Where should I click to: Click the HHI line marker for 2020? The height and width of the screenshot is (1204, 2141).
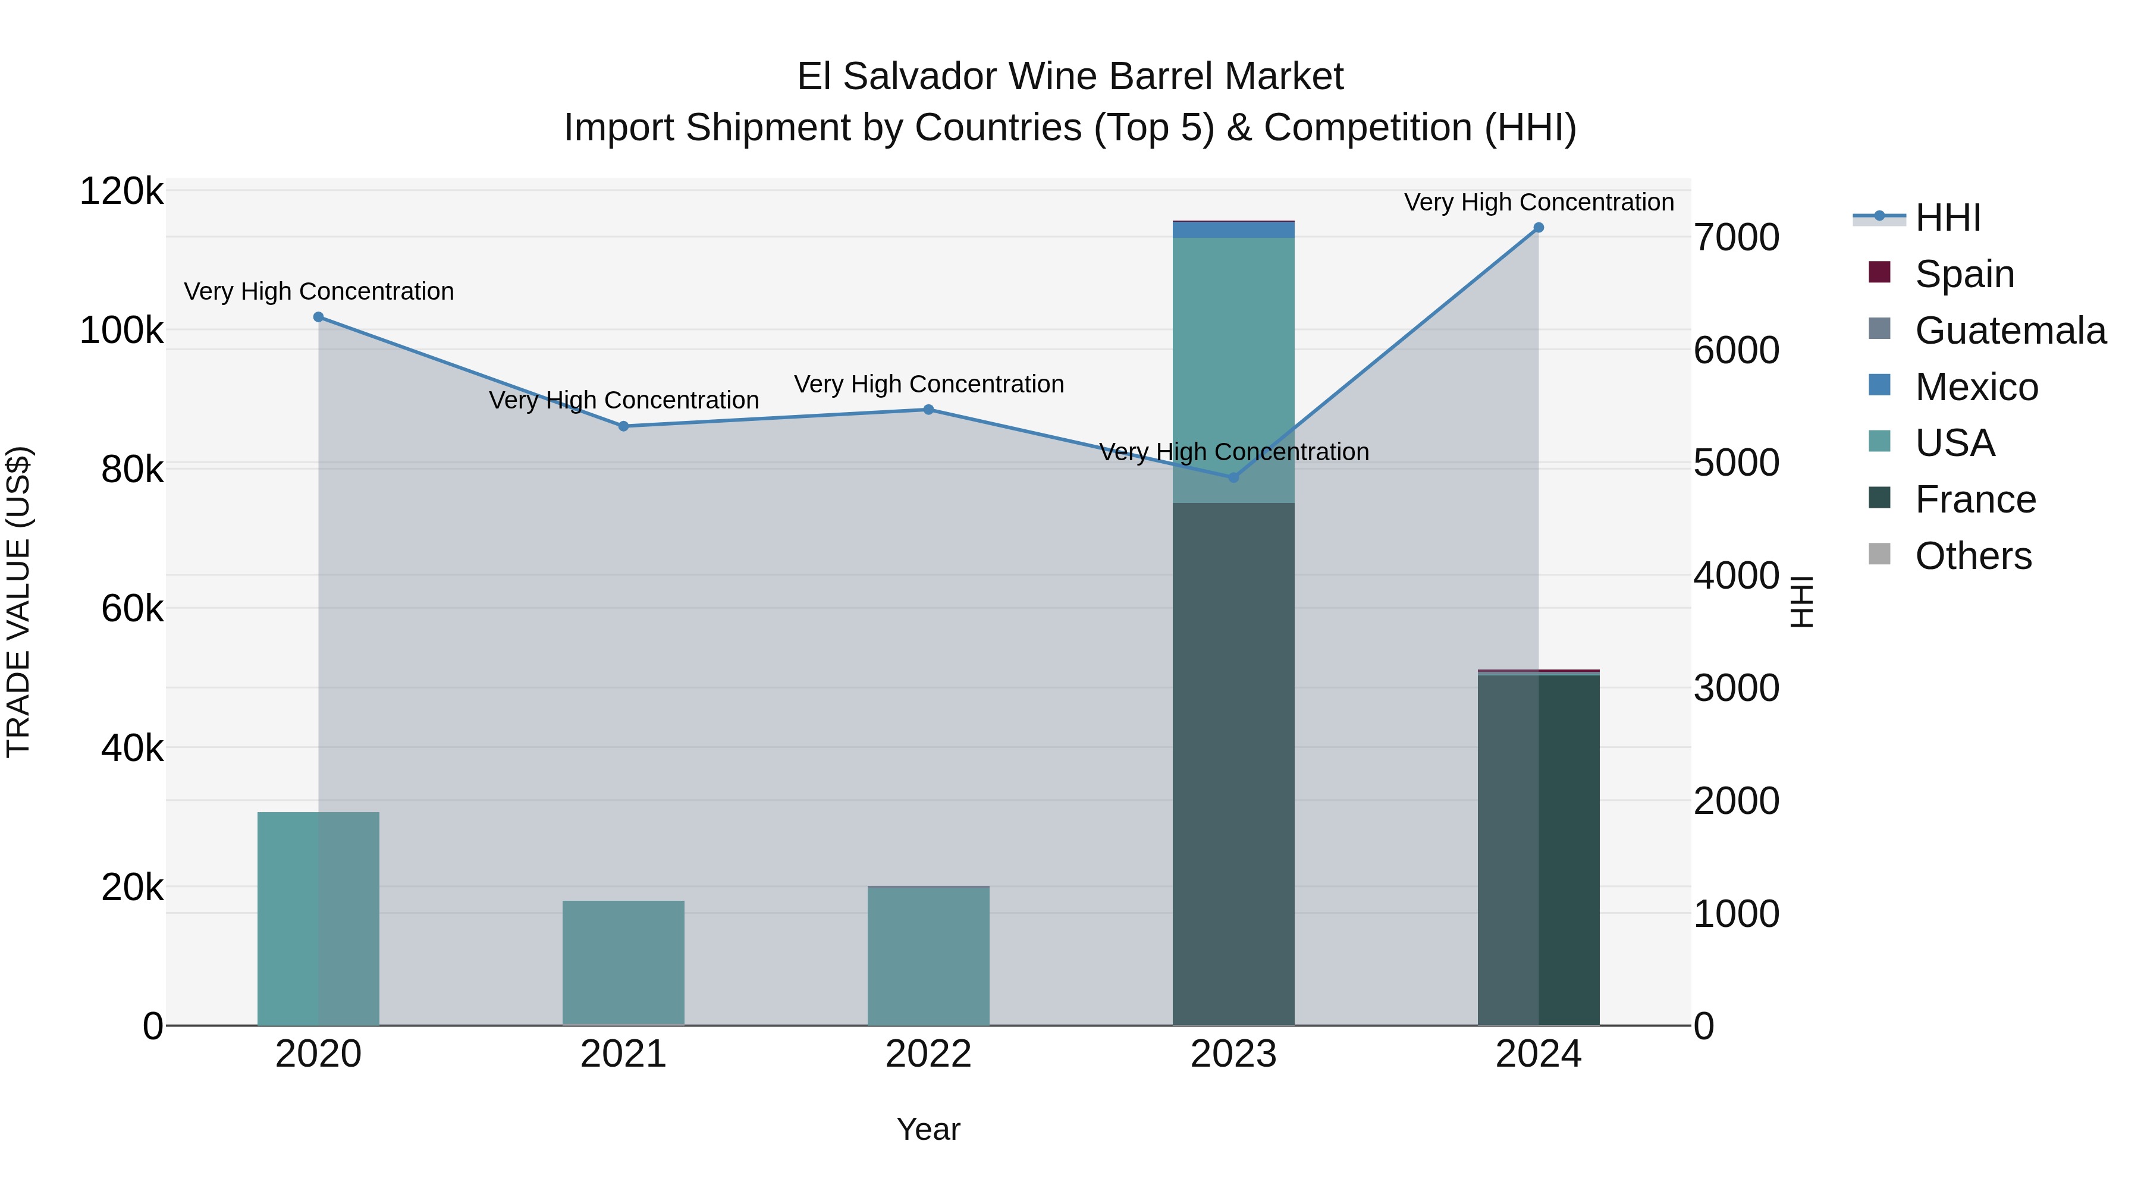[x=318, y=316]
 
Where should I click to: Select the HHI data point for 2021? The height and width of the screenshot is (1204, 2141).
[x=623, y=426]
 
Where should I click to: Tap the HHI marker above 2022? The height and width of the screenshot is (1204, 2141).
[x=928, y=410]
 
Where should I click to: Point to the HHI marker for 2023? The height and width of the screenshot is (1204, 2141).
[x=1233, y=478]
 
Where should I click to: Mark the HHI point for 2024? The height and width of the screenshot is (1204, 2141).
[x=1539, y=228]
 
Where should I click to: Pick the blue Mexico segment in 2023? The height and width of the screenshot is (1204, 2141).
[x=1233, y=230]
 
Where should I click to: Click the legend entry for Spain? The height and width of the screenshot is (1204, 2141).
[x=1963, y=274]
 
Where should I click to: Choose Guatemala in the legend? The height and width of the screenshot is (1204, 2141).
[x=2010, y=331]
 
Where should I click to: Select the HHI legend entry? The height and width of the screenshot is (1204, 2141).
[x=1947, y=218]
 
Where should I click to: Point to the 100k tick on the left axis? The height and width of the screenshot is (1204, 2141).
[x=121, y=331]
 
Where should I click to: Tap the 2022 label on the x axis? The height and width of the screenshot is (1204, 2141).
[x=928, y=1054]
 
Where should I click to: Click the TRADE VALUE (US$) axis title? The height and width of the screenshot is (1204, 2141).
[x=18, y=602]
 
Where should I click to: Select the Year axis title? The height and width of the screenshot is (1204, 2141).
[x=928, y=1129]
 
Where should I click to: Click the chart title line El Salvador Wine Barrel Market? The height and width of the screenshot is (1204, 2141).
[x=1070, y=77]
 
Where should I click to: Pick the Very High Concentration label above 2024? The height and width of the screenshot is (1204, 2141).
[x=1539, y=202]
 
